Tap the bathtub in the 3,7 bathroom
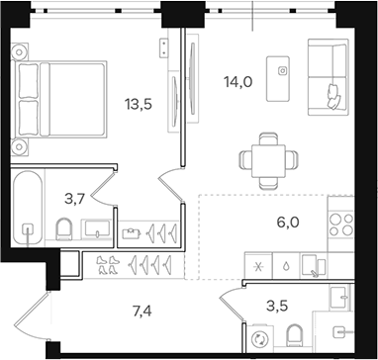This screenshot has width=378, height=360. pyautogui.click(x=30, y=208)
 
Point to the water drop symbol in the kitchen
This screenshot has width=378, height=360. pyautogui.click(x=285, y=266)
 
